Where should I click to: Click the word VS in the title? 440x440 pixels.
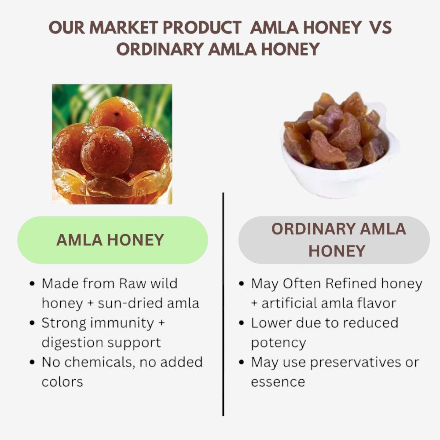tap(380, 28)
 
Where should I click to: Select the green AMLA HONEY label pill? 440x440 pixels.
tap(112, 240)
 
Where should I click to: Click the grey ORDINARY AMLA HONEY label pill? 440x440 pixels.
tap(334, 240)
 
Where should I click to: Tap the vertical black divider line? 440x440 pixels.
tap(223, 304)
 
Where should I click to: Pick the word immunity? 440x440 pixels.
tap(121, 323)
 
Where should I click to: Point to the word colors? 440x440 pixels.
tap(62, 381)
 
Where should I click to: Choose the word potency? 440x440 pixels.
tap(278, 342)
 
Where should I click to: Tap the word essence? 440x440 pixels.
tap(278, 381)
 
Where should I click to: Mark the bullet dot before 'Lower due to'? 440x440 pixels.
tap(241, 323)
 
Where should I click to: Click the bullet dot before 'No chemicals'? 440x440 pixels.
tap(32, 362)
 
